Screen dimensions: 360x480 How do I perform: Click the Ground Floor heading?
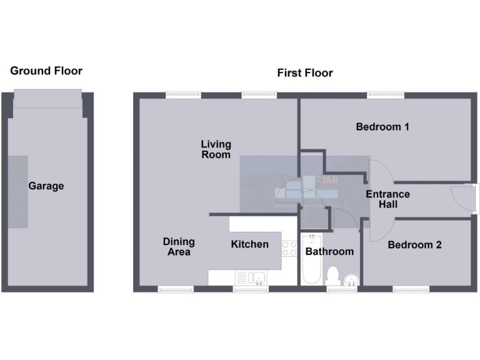pos(46,71)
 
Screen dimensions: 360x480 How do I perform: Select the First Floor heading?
pos(305,73)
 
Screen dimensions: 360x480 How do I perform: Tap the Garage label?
pos(46,186)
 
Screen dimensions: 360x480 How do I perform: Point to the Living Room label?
pos(216,149)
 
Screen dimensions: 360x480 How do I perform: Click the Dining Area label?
pos(179,246)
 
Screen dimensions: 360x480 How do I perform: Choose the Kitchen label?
pos(249,244)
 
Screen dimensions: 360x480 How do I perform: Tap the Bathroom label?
pos(329,251)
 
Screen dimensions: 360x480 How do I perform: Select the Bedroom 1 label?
pos(382,127)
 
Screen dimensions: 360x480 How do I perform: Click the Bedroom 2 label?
pos(414,244)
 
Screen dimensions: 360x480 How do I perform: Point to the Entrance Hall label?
pos(387,199)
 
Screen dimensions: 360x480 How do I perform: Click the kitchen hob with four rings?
pos(289,248)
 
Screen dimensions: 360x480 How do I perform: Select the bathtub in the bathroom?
pos(311,259)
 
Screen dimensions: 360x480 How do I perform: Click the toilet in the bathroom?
pos(333,275)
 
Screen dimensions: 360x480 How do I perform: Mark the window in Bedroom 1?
pos(385,95)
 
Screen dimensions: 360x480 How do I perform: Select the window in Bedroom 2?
pos(411,289)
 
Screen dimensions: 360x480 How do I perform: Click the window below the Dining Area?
pos(175,289)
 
